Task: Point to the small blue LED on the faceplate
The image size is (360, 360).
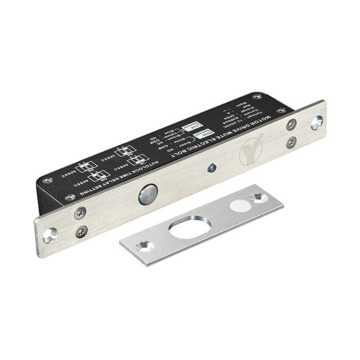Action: tap(210, 167)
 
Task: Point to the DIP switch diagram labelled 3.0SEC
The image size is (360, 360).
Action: tap(124, 152)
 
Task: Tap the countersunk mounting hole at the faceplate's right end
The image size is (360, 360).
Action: tap(317, 122)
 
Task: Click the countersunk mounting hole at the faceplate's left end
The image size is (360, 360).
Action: tap(49, 236)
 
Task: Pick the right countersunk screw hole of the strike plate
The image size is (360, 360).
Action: tap(256, 197)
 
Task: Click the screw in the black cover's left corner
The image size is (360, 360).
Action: tap(48, 181)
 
